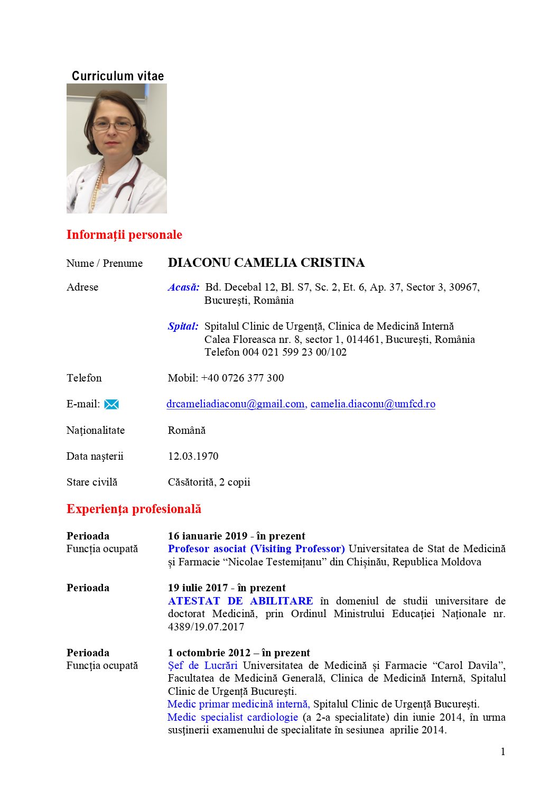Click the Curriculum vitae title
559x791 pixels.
(x=118, y=76)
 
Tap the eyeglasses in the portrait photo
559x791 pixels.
(x=114, y=126)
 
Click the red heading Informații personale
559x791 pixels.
(x=124, y=235)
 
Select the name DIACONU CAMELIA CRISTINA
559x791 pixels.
(x=266, y=263)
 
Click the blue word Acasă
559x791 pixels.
(x=183, y=287)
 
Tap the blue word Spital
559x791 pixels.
(x=183, y=327)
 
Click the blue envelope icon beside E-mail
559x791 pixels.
(x=111, y=405)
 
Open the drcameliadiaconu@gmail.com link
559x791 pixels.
(x=235, y=404)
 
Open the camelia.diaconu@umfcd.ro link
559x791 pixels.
(x=372, y=404)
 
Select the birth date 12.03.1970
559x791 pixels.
(x=193, y=456)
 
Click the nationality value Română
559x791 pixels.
(x=187, y=430)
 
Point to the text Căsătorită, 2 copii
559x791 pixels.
(x=209, y=482)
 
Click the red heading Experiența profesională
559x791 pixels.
(x=134, y=509)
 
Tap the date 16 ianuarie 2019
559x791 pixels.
(x=207, y=536)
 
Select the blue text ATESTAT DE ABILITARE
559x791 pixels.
(x=240, y=601)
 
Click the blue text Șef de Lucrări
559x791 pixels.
(x=202, y=665)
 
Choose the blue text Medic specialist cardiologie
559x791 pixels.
(x=232, y=717)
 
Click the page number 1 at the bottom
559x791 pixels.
(x=503, y=751)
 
